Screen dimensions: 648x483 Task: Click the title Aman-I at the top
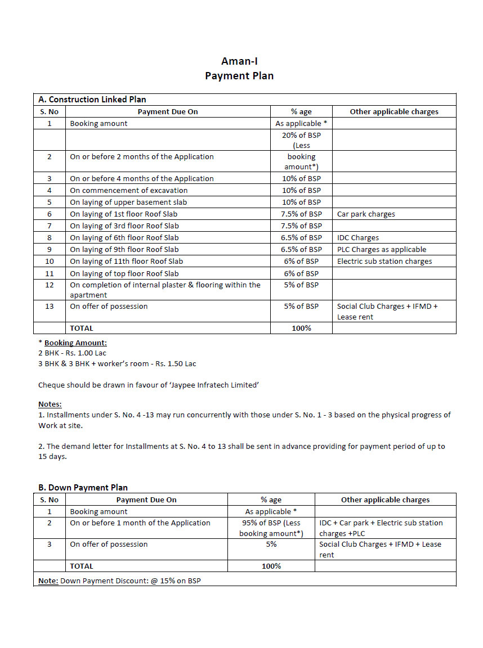click(239, 61)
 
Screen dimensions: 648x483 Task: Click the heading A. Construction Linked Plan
click(92, 100)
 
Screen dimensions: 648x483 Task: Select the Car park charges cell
click(366, 214)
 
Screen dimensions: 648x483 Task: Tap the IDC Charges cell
click(358, 238)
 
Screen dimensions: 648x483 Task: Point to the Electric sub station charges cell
click(384, 262)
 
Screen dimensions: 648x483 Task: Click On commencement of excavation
click(129, 191)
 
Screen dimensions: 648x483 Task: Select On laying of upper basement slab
click(128, 202)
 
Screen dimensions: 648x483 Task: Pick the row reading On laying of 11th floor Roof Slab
click(126, 262)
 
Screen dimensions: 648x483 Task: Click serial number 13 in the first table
click(50, 307)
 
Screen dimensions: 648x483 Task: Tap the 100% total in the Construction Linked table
click(301, 328)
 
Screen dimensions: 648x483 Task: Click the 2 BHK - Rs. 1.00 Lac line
click(72, 353)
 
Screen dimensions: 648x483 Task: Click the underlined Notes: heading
click(50, 404)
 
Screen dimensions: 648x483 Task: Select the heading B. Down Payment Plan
click(83, 488)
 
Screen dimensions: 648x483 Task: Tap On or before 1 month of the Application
click(140, 523)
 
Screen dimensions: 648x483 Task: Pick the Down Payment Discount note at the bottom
click(119, 580)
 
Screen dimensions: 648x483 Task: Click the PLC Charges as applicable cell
click(382, 250)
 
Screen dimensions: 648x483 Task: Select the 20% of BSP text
click(301, 136)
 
